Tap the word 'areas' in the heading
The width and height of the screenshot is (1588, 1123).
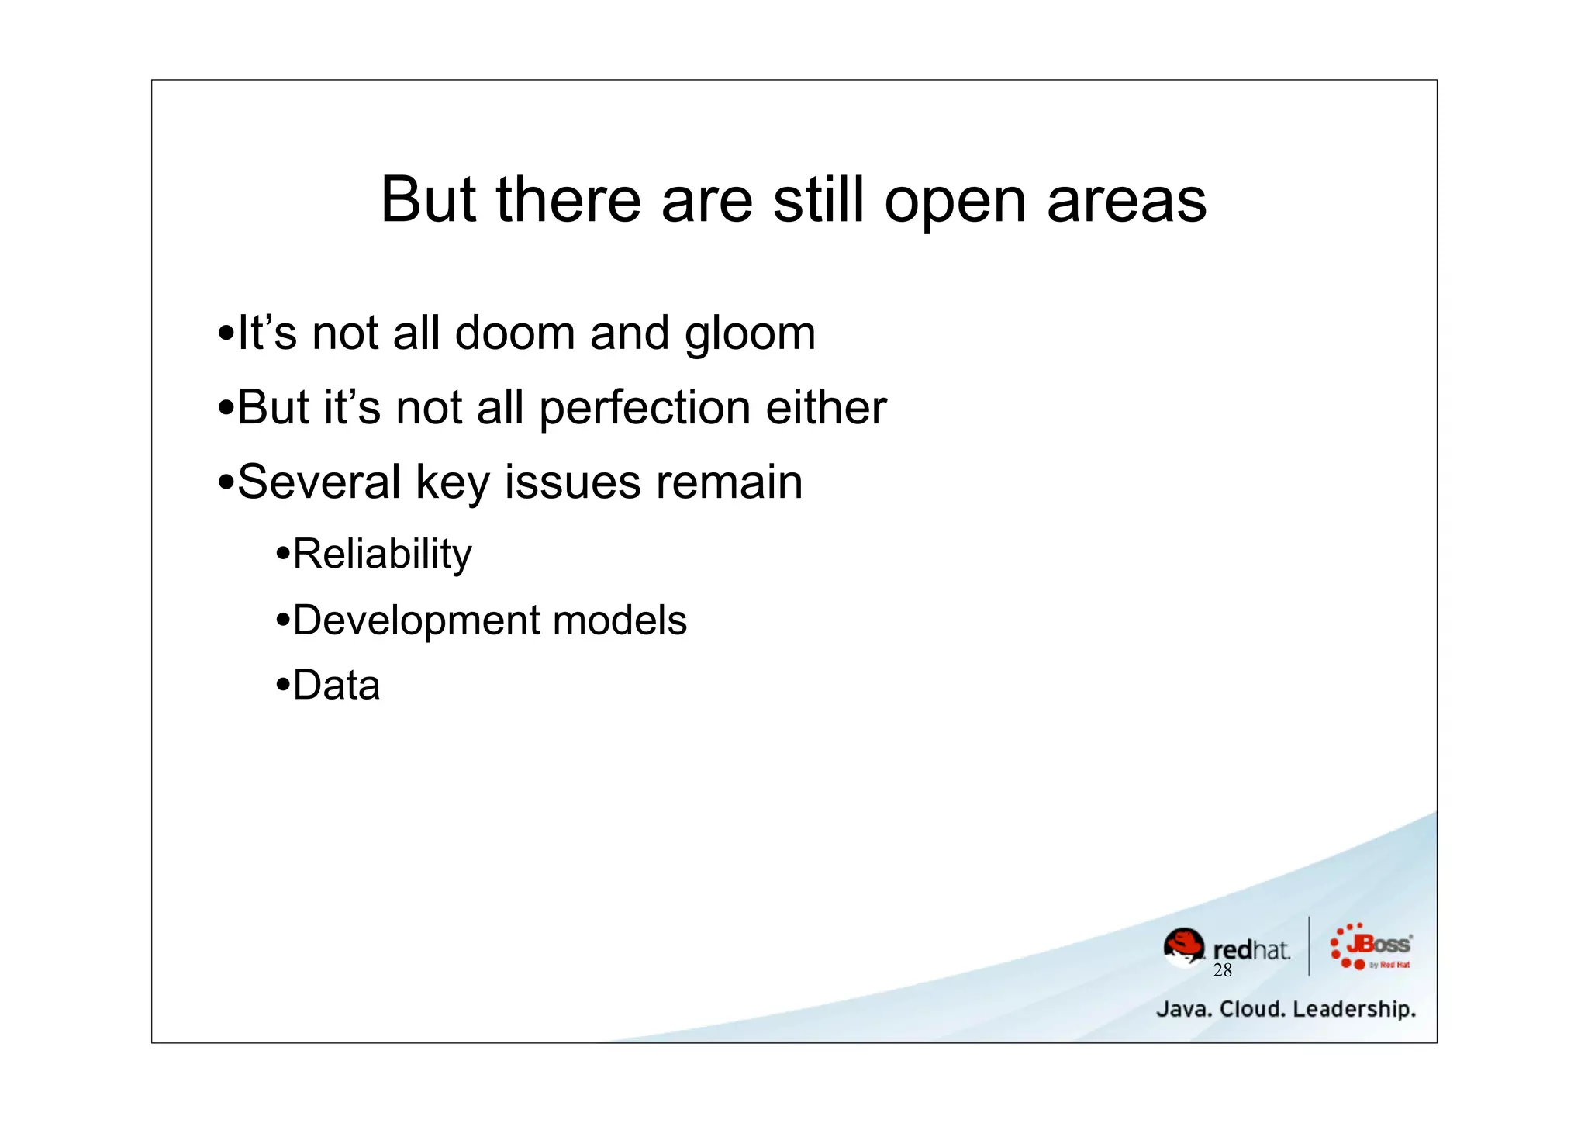pyautogui.click(x=1127, y=202)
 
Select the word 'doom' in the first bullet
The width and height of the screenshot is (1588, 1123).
pyautogui.click(x=515, y=333)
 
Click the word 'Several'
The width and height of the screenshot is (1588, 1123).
pyautogui.click(x=319, y=482)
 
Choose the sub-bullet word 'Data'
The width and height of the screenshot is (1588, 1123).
pyautogui.click(x=337, y=686)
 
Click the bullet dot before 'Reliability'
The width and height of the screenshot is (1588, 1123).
pyautogui.click(x=283, y=555)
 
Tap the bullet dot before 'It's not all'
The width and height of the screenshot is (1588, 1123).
pyautogui.click(x=226, y=334)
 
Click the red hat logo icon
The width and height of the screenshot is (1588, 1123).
pyautogui.click(x=1183, y=947)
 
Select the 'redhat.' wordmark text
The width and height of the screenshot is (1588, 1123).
pyautogui.click(x=1251, y=949)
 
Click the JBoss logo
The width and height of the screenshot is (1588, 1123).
pyautogui.click(x=1370, y=946)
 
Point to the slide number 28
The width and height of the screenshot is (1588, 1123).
pyautogui.click(x=1222, y=971)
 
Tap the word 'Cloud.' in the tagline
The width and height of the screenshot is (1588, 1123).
pyautogui.click(x=1252, y=1010)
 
